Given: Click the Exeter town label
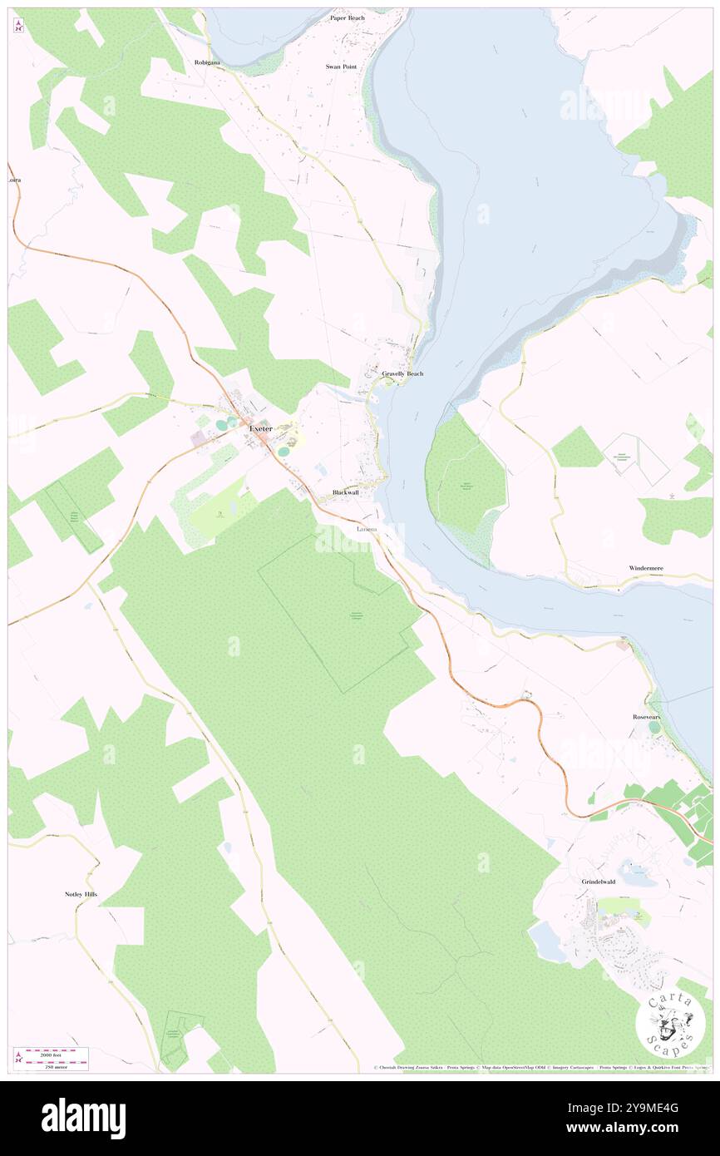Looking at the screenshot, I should coord(260,427).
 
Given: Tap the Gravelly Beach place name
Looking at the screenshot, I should coord(402,374).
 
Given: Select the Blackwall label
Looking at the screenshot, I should coord(345,492).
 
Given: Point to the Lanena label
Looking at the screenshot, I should coord(366,529).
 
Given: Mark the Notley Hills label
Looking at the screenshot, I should coord(81,894).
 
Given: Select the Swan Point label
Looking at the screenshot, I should coord(341,66).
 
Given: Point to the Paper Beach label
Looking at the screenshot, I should coord(347,17).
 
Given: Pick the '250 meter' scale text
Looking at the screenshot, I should coord(57,1065).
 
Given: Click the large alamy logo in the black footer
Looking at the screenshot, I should coord(83,1118).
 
